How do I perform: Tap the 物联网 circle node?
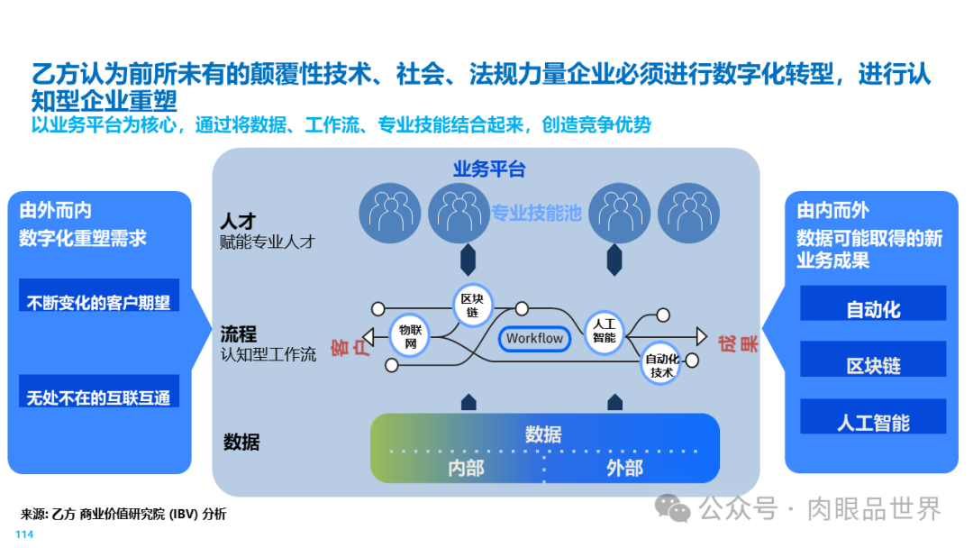tap(410, 336)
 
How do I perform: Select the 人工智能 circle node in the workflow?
tap(604, 331)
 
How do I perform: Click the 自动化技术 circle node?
tap(662, 365)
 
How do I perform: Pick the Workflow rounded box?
tap(534, 338)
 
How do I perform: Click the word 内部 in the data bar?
tap(466, 468)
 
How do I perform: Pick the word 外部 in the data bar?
tap(624, 468)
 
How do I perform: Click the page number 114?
tap(24, 535)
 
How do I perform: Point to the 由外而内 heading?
tap(56, 211)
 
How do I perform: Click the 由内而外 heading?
tap(833, 211)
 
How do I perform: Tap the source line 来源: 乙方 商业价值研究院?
tap(123, 515)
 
